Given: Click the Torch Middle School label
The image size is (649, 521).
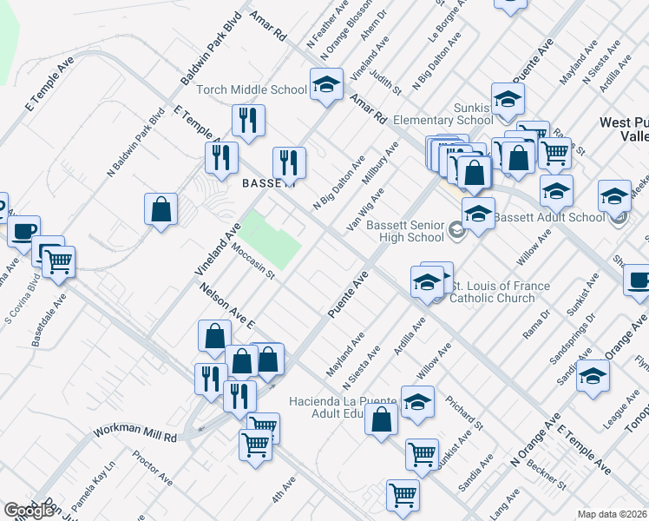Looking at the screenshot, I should point(252,89).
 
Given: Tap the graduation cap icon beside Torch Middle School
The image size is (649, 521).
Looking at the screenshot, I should point(326,86).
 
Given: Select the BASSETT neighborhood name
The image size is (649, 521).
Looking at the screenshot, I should point(268,183).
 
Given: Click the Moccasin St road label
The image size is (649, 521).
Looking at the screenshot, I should point(252,261).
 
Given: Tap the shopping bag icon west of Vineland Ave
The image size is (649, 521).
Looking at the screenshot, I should point(161,209).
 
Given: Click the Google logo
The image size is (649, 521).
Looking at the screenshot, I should point(29,510).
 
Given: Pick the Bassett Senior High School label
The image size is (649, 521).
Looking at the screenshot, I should point(404,230).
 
